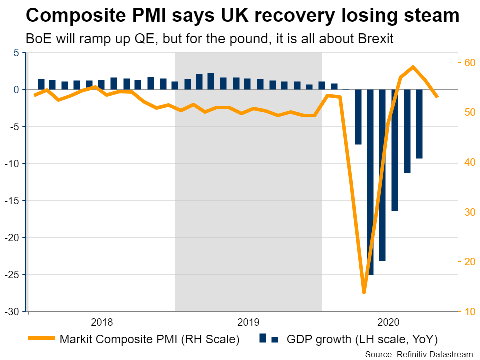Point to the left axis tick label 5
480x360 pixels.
(x=16, y=53)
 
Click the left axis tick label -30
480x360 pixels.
(x=12, y=312)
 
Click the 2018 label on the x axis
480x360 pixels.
(x=102, y=322)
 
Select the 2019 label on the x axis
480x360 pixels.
(x=248, y=322)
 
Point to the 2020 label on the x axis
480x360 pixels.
(x=395, y=322)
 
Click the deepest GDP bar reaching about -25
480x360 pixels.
(x=370, y=182)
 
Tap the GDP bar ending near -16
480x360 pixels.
(x=395, y=150)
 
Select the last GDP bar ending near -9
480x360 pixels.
(x=419, y=124)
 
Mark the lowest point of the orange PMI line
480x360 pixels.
(x=364, y=292)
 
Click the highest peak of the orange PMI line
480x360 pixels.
(x=413, y=66)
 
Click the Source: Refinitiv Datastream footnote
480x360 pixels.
(x=419, y=354)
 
